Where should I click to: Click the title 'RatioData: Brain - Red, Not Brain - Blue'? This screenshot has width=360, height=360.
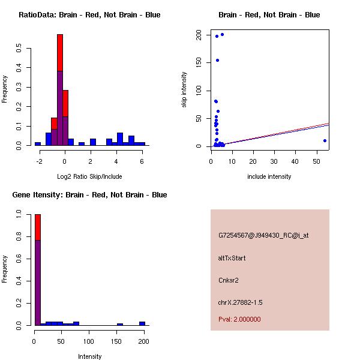point(89,14)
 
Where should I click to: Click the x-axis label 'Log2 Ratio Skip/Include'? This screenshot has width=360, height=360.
point(89,176)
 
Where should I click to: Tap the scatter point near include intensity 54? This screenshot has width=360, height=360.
point(325,140)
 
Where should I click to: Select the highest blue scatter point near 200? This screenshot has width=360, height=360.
point(222,34)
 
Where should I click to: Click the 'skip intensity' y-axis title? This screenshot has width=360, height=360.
point(184,90)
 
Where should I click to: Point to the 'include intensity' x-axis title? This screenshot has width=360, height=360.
point(269,176)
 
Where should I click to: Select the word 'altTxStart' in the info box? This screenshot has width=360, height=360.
point(232,258)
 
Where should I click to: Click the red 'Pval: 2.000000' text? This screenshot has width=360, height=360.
point(239,319)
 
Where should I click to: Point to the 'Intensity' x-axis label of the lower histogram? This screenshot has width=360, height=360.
point(90,356)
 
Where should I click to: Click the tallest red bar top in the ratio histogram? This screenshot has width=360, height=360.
point(60,36)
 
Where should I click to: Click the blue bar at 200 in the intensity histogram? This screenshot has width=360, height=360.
point(142,323)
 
